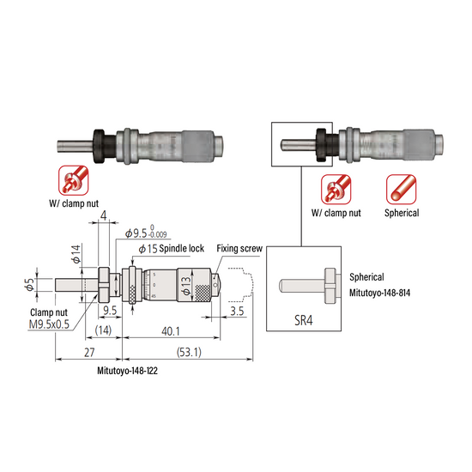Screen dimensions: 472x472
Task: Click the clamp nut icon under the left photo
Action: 71,180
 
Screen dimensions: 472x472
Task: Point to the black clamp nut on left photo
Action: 101,146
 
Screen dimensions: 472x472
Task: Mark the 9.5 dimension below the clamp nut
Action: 110,311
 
